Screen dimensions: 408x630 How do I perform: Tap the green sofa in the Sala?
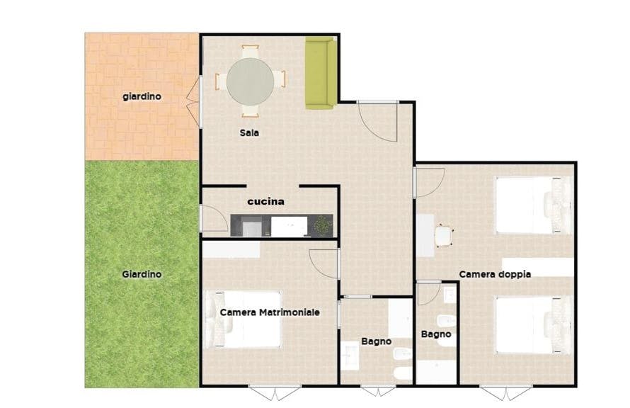319,74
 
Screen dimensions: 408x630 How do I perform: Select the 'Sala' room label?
248,132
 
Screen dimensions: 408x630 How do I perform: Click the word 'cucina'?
265,201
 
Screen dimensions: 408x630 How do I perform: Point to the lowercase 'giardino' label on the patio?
142,96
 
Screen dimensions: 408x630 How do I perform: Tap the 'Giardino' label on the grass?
142,274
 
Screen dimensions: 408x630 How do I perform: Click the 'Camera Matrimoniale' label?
270,312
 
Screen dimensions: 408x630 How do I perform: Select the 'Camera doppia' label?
495,274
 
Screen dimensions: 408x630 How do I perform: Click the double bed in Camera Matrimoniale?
244,319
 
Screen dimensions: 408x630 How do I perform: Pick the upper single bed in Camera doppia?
532,205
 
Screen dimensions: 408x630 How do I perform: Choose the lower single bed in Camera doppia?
532,324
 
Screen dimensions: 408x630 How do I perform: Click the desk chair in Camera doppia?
444,236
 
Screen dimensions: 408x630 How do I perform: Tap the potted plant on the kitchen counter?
322,226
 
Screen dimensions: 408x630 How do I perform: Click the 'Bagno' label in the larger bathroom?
376,341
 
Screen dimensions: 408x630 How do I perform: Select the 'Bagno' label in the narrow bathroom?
435,334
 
